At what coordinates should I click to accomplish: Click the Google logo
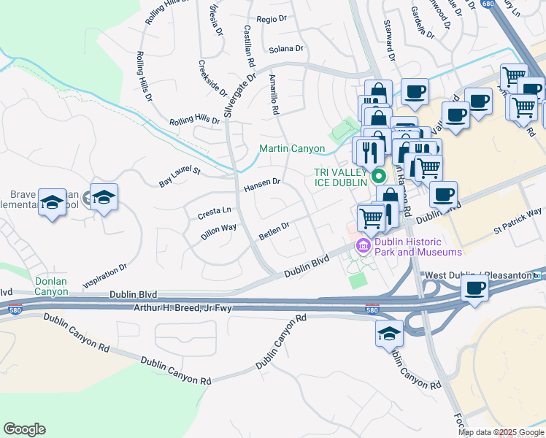(24, 429)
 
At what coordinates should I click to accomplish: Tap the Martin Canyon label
(292, 149)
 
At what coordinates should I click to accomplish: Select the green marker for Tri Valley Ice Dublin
(378, 176)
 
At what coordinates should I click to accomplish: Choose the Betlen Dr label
(274, 231)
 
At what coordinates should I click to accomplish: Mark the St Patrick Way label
(518, 223)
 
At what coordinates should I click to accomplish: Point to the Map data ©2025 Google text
(500, 432)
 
